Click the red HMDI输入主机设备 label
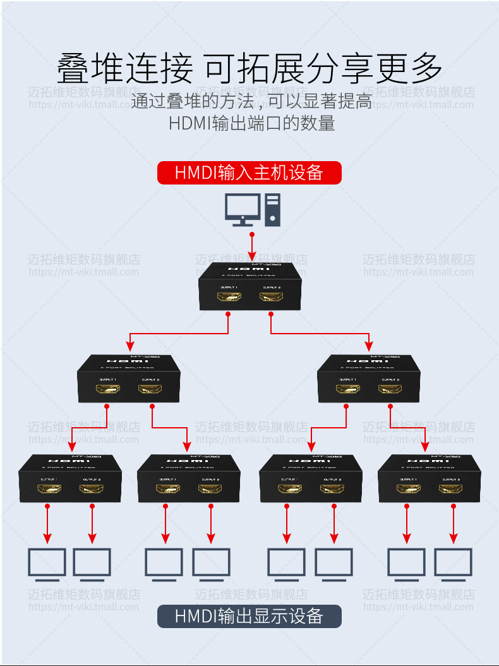click(249, 173)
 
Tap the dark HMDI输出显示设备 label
click(249, 616)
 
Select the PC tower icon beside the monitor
click(272, 210)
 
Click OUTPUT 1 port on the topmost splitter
click(229, 297)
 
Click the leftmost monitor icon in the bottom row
click(47, 564)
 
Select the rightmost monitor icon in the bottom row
click(453, 564)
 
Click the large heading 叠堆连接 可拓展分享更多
click(249, 68)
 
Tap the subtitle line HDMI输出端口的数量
click(251, 123)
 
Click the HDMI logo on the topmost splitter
click(252, 269)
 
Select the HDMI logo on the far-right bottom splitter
click(429, 461)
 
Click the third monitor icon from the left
click(164, 564)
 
